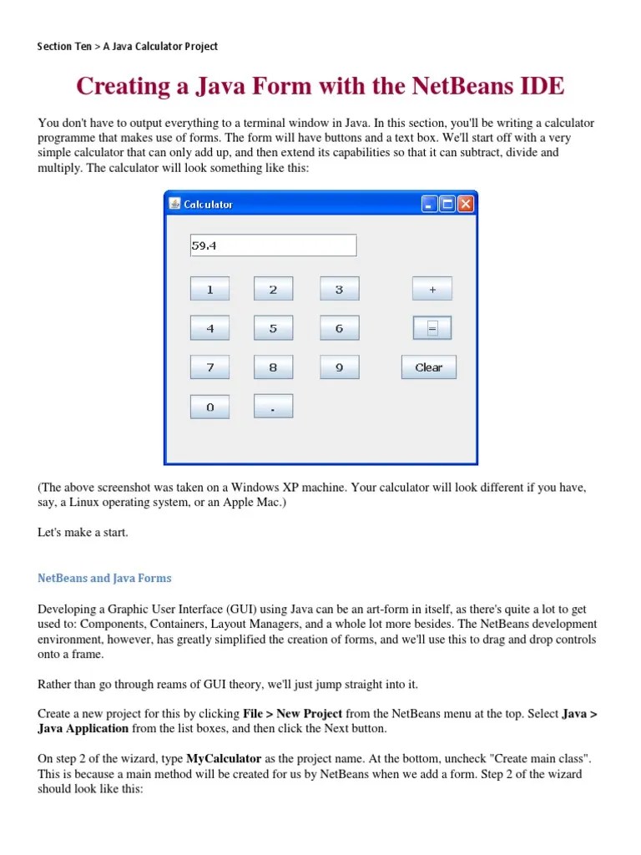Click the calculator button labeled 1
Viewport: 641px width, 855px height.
pos(209,289)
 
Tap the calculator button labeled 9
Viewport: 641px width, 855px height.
pos(339,367)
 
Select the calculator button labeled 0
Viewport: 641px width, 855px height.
pos(209,407)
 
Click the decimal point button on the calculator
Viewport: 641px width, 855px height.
pos(273,407)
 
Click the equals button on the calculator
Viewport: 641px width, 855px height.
pos(432,328)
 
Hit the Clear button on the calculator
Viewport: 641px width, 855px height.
pos(429,367)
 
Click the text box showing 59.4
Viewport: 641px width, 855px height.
pos(273,245)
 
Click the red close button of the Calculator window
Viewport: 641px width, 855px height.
pos(465,204)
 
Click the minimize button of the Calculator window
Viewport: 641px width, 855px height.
pos(429,204)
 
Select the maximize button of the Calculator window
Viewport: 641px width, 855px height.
pos(447,204)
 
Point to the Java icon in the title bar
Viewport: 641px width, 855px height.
pos(174,204)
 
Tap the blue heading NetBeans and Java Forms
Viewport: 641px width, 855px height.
pos(104,578)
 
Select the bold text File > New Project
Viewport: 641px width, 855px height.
pos(292,714)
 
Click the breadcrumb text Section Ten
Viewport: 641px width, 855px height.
pos(64,47)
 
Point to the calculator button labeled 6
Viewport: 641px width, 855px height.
pos(339,328)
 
